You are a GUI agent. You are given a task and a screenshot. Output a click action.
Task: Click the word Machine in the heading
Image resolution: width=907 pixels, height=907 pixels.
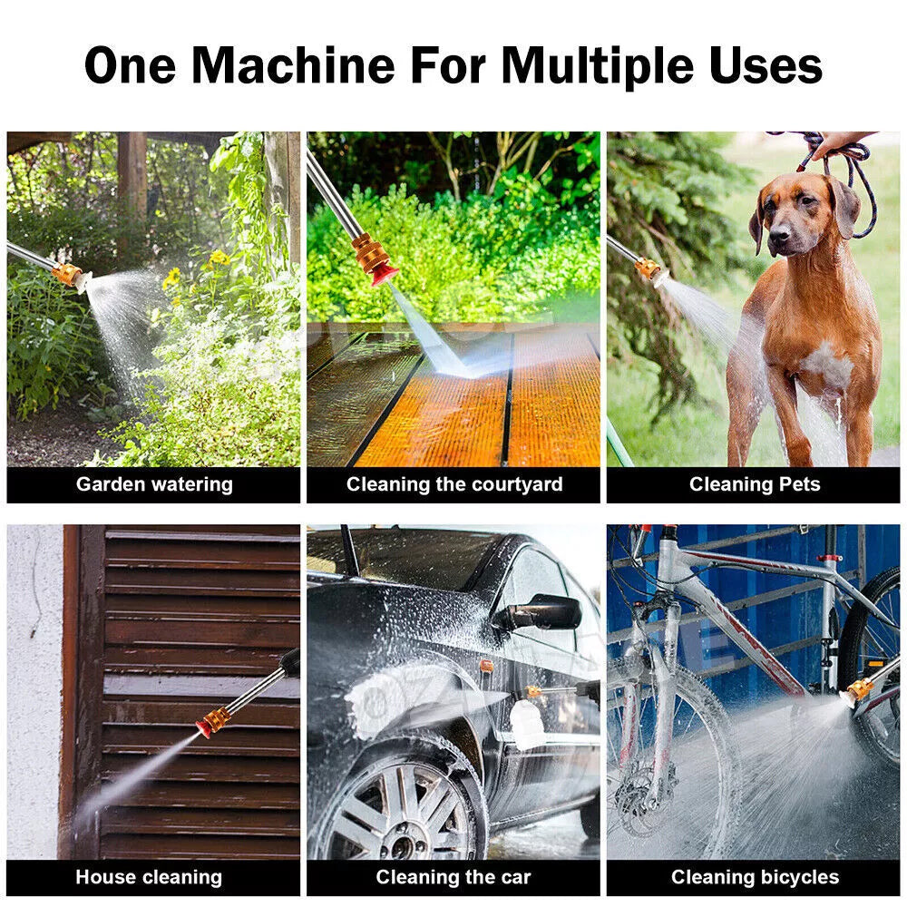tap(293, 64)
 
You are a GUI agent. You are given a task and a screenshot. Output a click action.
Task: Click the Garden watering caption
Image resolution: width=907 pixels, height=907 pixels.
tap(154, 484)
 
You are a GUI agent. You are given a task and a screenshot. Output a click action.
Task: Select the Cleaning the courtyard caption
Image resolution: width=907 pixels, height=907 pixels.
tap(454, 484)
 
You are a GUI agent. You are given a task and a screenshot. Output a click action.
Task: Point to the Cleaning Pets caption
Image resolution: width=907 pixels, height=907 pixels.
tap(755, 483)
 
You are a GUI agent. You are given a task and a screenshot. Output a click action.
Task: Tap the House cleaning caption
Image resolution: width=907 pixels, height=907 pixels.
tap(149, 877)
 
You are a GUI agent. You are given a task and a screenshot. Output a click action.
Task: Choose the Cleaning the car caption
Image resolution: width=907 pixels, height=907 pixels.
tap(453, 877)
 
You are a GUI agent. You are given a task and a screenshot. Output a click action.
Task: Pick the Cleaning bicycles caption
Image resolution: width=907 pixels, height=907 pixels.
tap(755, 877)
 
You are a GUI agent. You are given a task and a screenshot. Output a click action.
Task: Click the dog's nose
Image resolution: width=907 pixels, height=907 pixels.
tap(779, 235)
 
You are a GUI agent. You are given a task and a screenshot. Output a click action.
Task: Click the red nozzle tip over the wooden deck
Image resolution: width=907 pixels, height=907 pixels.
tap(384, 276)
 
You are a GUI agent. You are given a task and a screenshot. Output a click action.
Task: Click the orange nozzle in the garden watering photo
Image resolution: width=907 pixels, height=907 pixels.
tap(67, 274)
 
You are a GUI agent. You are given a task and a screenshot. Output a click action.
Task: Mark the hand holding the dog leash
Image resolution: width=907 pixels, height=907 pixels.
tap(840, 142)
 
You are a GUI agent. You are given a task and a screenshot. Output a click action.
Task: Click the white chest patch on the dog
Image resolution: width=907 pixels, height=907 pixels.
tap(826, 366)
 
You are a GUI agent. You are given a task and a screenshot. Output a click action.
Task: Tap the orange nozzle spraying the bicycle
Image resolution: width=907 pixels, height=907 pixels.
tap(860, 689)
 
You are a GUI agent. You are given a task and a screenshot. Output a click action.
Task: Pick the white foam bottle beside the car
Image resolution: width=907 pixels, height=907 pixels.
tap(527, 724)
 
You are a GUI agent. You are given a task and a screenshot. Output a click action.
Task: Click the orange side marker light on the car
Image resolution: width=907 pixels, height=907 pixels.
tap(486, 666)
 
